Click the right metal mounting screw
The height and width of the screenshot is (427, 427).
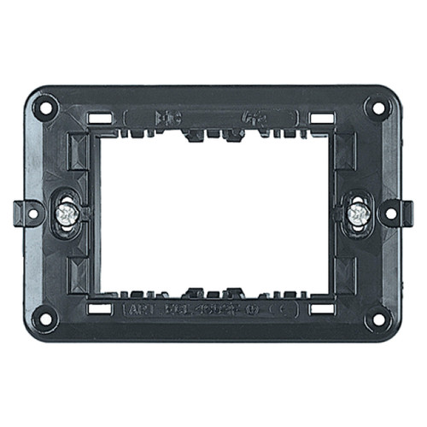360,213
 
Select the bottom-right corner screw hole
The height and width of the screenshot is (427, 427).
375,321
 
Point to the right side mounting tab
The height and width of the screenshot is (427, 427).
398,209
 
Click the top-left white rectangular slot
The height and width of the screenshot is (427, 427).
100,116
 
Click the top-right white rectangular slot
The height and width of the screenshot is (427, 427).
321,116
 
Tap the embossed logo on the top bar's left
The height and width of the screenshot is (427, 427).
167,115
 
